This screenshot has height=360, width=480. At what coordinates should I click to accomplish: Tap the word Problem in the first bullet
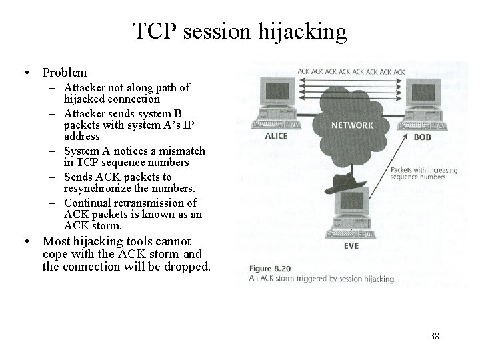(65, 72)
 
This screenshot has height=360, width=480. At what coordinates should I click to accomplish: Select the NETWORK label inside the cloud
(351, 125)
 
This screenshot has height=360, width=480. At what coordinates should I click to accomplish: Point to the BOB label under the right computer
(422, 137)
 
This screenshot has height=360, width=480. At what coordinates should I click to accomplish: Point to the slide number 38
(435, 336)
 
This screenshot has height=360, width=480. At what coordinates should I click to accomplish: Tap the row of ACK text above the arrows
(351, 71)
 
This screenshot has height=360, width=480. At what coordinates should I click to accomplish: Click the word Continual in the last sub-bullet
(87, 203)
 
